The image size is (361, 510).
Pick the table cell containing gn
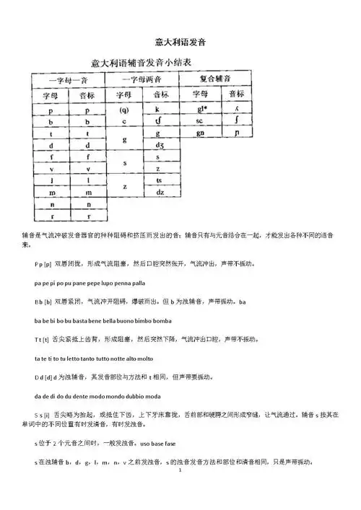[197, 134]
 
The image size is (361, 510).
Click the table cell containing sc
[197, 122]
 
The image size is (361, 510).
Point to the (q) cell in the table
[125, 110]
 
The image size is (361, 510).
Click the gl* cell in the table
[197, 110]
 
